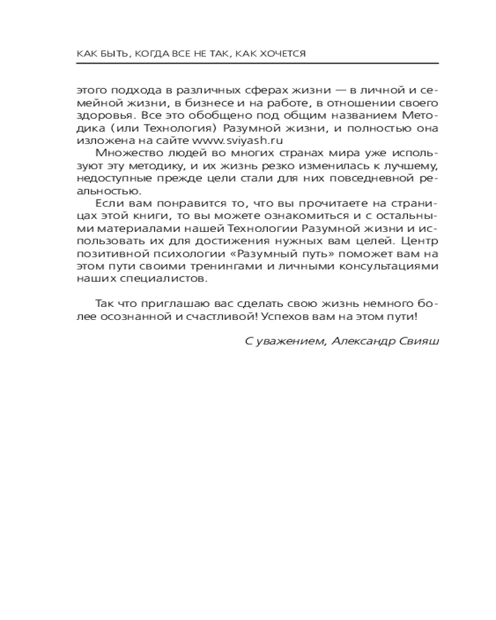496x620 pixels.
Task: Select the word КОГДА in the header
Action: tap(155, 54)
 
